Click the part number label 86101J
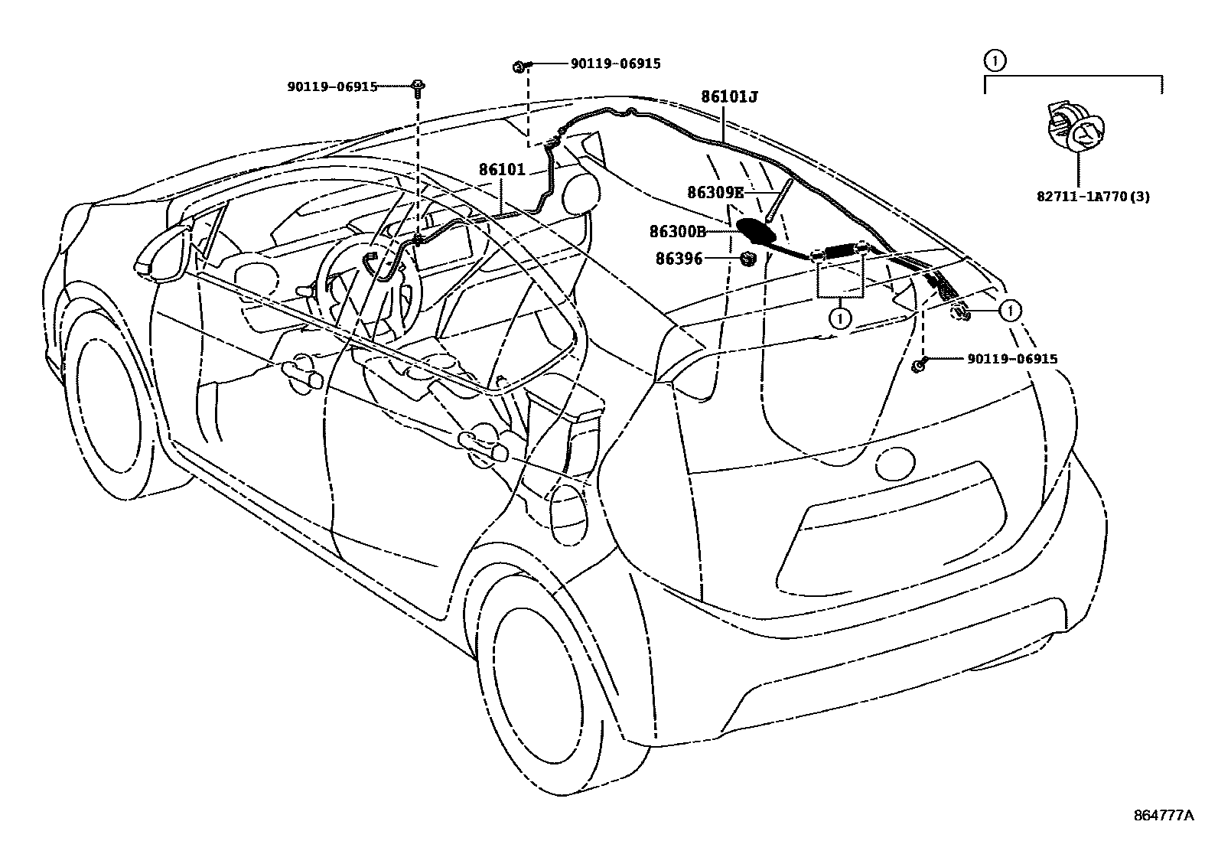coord(729,97)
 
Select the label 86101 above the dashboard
coord(502,170)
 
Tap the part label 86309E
coord(715,193)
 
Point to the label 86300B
coord(677,230)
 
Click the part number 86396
coord(679,259)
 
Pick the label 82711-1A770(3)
coord(1093,196)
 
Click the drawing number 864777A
coord(1163,816)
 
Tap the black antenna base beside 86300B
coord(756,229)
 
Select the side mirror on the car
coord(161,252)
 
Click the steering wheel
coord(367,291)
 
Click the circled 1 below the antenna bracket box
coord(840,316)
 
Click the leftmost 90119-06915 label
coord(332,86)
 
